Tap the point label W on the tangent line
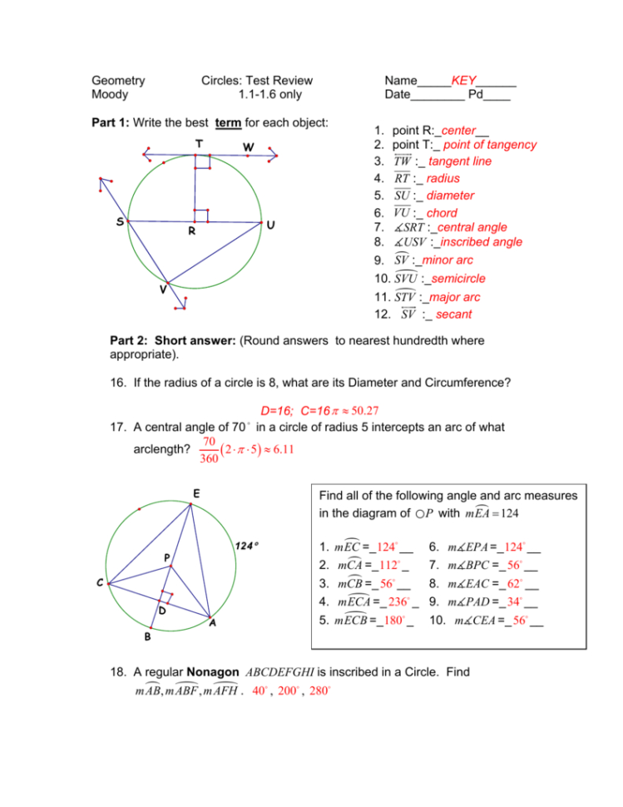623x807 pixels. coord(248,147)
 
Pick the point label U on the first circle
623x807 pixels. coord(271,225)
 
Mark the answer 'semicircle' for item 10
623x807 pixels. coord(452,279)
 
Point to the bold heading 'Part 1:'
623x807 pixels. coord(110,122)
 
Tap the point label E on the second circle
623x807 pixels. coord(195,493)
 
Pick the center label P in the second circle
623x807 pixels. coord(167,557)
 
